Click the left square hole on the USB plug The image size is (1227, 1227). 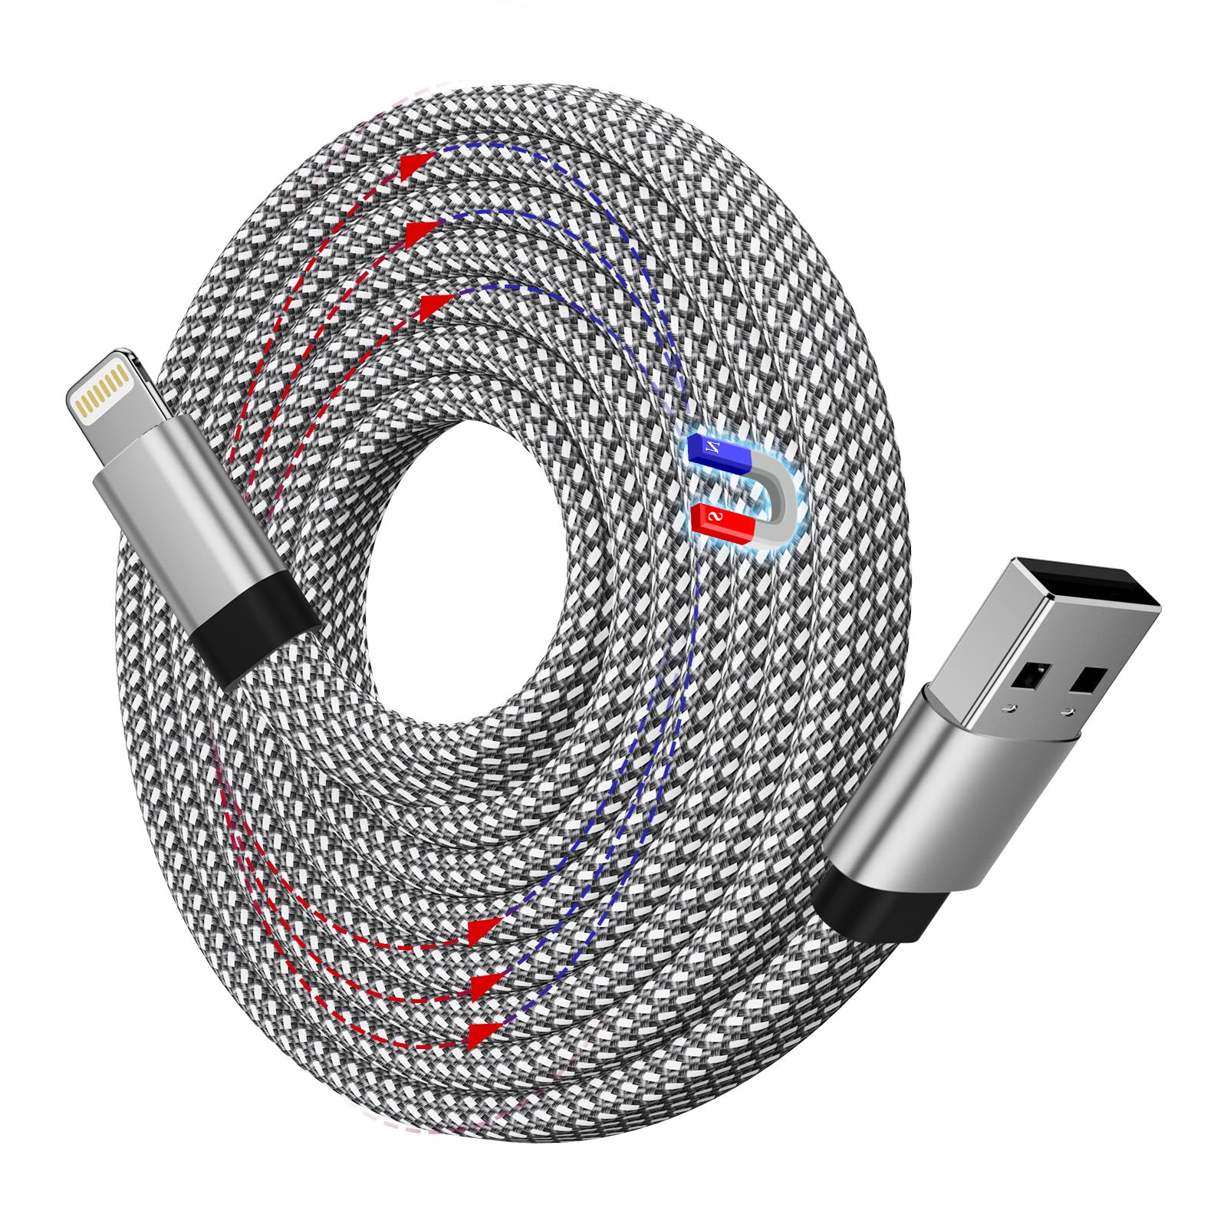pos(1028,675)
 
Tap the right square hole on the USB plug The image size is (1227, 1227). pos(1090,679)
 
